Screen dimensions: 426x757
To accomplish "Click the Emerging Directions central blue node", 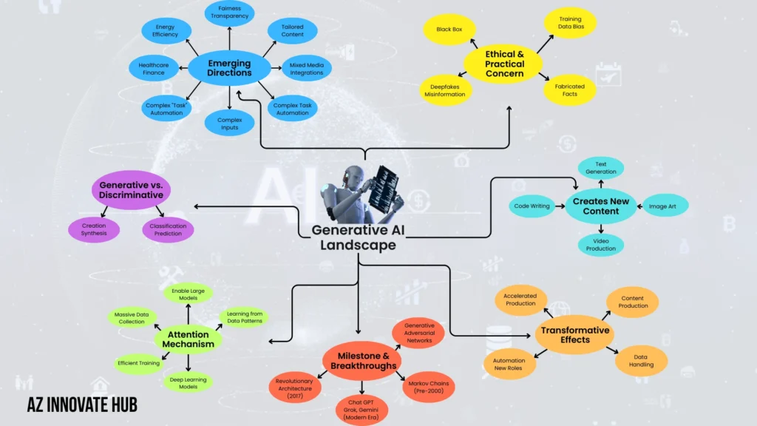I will pyautogui.click(x=228, y=68).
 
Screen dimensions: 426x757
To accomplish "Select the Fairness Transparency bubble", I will pyautogui.click(x=229, y=12).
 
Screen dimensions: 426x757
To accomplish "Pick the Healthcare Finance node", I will pyautogui.click(x=154, y=69).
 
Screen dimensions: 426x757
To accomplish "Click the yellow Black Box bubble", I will pyautogui.click(x=449, y=30).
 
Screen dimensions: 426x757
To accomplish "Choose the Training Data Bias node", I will pyautogui.click(x=570, y=24).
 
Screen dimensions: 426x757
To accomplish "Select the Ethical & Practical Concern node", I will pyautogui.click(x=504, y=64).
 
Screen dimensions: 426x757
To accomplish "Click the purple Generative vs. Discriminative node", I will pyautogui.click(x=132, y=189).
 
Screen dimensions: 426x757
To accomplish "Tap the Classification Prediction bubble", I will pyautogui.click(x=168, y=229).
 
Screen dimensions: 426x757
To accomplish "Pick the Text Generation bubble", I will pyautogui.click(x=600, y=167).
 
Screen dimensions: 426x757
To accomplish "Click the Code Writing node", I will pyautogui.click(x=532, y=206).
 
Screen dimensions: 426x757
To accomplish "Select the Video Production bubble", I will pyautogui.click(x=600, y=245).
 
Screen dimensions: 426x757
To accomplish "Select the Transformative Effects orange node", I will pyautogui.click(x=575, y=334).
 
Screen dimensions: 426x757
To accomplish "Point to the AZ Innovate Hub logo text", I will pyautogui.click(x=82, y=404).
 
